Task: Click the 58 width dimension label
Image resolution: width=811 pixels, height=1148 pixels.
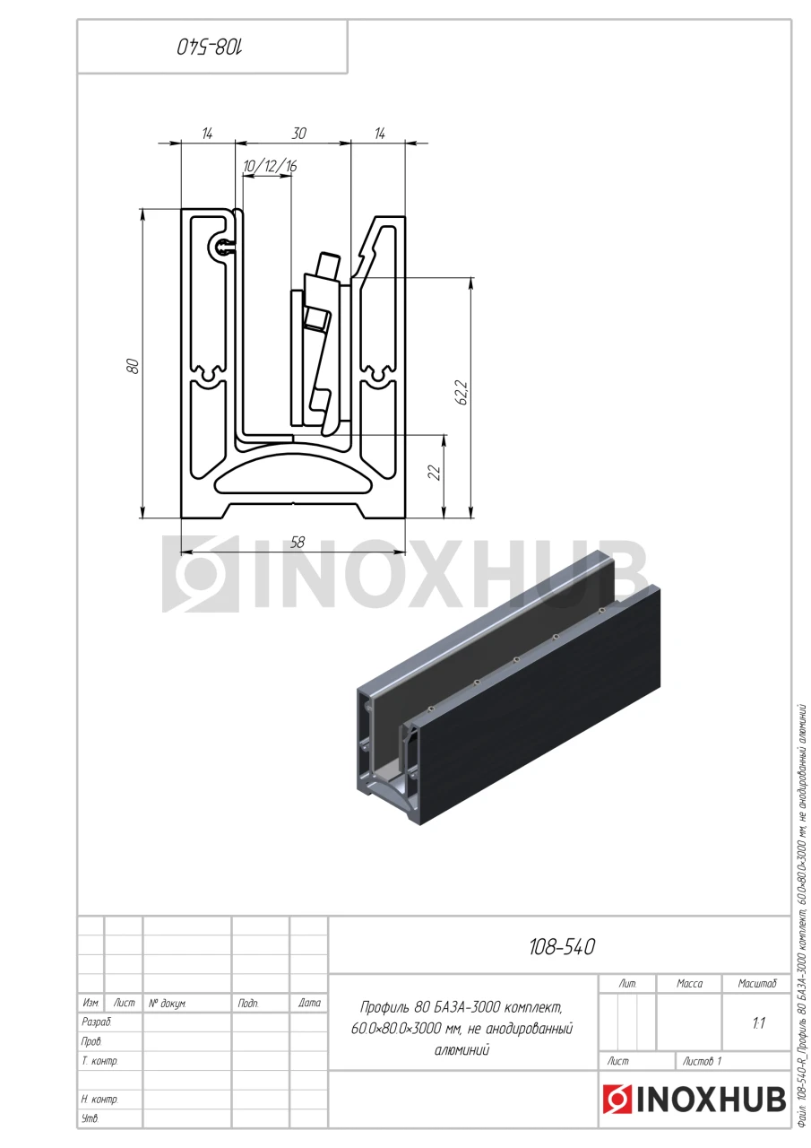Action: point(298,543)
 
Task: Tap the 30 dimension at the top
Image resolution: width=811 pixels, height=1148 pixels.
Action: point(299,134)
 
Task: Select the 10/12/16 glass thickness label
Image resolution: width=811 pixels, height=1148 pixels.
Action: point(270,166)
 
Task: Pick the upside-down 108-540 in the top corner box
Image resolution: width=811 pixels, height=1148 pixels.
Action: point(211,48)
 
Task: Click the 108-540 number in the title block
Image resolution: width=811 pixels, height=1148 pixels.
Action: point(562,948)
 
